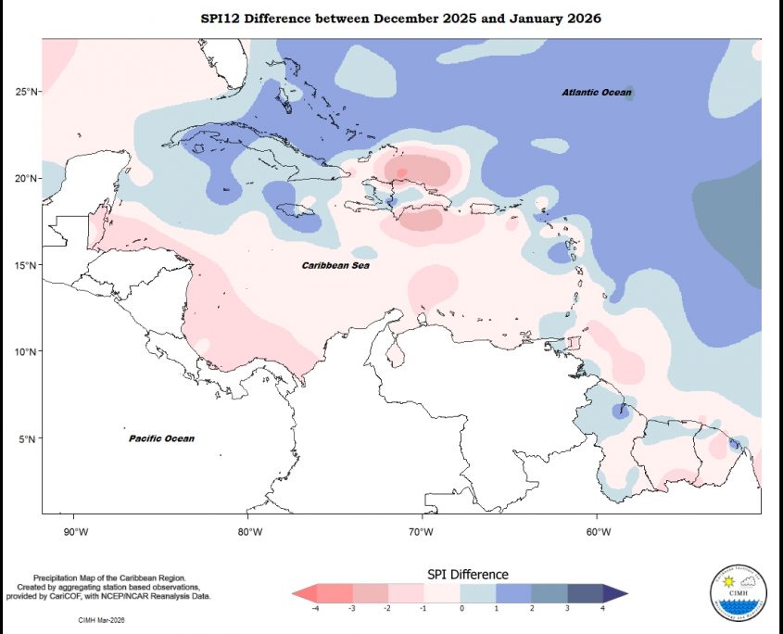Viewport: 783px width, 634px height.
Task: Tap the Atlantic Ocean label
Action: tap(597, 93)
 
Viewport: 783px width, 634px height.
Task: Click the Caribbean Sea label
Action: tap(335, 266)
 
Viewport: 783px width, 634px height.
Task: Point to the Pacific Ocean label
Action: tap(161, 438)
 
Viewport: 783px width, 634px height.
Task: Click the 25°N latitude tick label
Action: tap(25, 92)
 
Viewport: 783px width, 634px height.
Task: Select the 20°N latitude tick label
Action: tap(25, 179)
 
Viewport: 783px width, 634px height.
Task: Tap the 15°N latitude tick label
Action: tap(25, 266)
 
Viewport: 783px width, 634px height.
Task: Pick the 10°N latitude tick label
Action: tap(25, 352)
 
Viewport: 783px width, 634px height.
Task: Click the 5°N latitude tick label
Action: tap(27, 439)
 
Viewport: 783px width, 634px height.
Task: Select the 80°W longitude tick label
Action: tap(249, 532)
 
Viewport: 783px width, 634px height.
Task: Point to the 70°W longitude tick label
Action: tap(423, 532)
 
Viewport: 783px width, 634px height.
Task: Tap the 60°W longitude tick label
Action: tap(598, 532)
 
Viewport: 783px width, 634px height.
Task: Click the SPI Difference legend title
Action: tap(467, 575)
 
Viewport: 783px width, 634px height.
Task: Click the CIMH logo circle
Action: tap(739, 591)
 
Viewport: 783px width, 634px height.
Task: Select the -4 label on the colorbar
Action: tap(318, 608)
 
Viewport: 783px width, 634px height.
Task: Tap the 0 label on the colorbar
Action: tap(461, 608)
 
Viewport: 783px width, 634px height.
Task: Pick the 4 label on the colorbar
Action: tap(603, 608)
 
